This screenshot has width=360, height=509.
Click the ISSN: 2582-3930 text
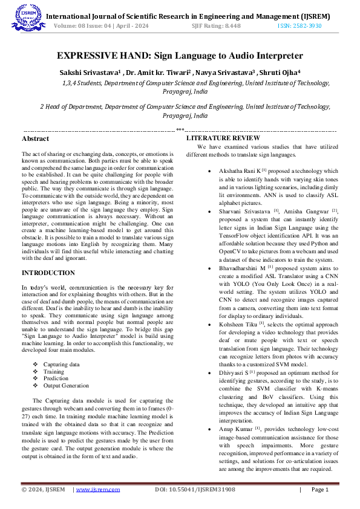(299, 27)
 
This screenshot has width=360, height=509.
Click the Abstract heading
(35, 139)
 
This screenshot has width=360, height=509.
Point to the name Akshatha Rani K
(240, 171)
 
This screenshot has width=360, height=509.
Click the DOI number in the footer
(195, 489)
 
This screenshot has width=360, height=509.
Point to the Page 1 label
(319, 489)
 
